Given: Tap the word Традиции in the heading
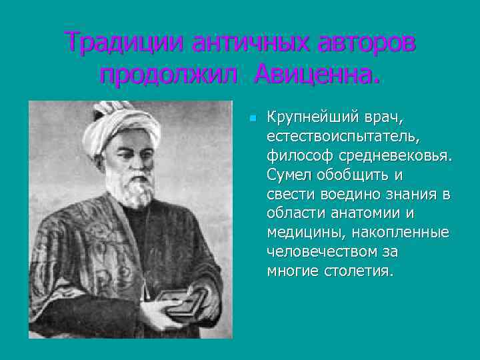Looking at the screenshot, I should pyautogui.click(x=125, y=43).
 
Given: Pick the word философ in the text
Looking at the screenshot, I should pyautogui.click(x=297, y=156).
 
